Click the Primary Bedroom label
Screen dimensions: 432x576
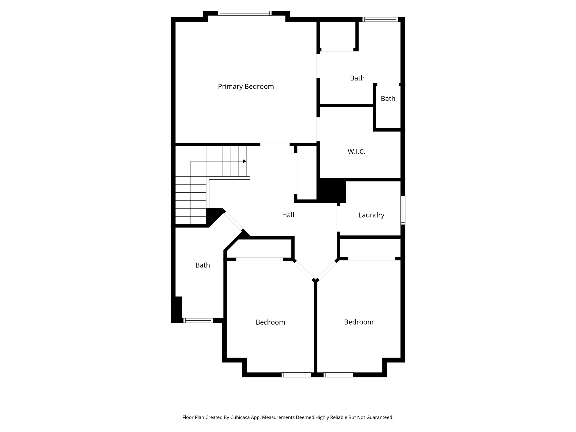point(246,87)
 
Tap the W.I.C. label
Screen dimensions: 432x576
point(356,152)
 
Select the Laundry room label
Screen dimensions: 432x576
point(371,215)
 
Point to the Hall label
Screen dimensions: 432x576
point(288,215)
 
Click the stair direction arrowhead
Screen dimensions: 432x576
point(245,161)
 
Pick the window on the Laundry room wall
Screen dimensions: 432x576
point(403,210)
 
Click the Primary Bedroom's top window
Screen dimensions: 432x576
point(245,13)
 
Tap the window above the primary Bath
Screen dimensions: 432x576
point(380,19)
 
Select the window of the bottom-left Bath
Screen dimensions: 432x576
point(198,320)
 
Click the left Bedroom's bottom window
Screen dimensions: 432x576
point(296,375)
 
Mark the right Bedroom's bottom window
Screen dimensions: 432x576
point(338,375)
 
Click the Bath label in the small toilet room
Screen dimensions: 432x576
point(388,99)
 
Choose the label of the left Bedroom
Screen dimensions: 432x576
point(270,322)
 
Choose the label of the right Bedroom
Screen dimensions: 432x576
point(359,322)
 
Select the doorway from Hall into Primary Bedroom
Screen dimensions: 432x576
point(275,145)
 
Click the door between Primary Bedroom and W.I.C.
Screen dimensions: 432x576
point(318,129)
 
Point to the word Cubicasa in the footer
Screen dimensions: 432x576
point(241,417)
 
